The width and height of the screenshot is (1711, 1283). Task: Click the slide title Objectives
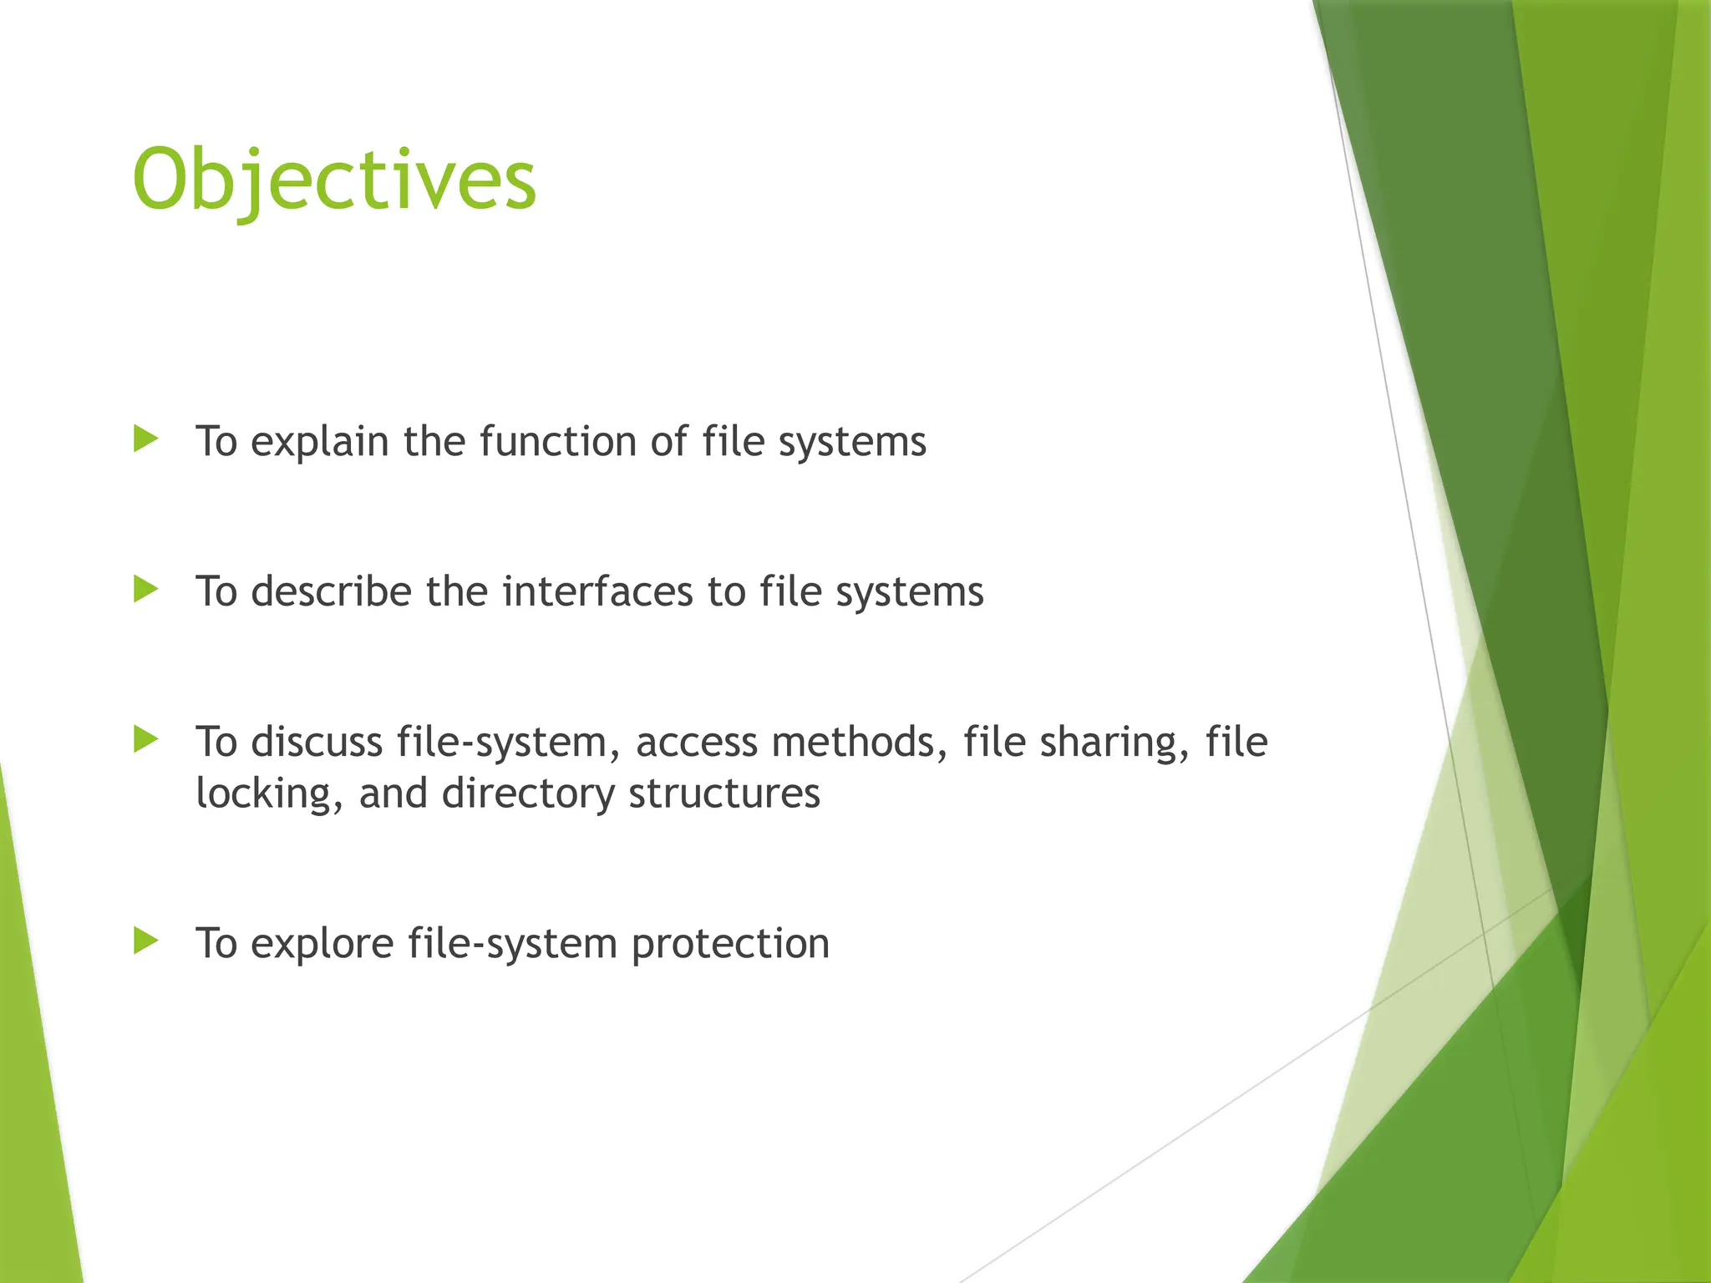click(x=334, y=180)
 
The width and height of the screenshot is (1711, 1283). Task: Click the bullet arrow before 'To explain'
click(x=145, y=439)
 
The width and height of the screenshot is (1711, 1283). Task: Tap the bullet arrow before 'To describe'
click(x=145, y=590)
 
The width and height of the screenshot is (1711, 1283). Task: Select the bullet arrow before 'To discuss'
click(x=145, y=739)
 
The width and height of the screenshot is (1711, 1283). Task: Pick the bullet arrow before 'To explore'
click(x=145, y=941)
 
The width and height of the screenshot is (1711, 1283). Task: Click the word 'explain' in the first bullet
click(x=319, y=443)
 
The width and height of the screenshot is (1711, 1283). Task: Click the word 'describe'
click(x=331, y=591)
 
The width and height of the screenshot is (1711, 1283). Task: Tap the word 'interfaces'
click(x=597, y=591)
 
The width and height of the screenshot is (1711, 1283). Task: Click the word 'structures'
click(x=724, y=794)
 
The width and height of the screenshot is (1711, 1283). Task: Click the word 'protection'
click(x=730, y=945)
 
